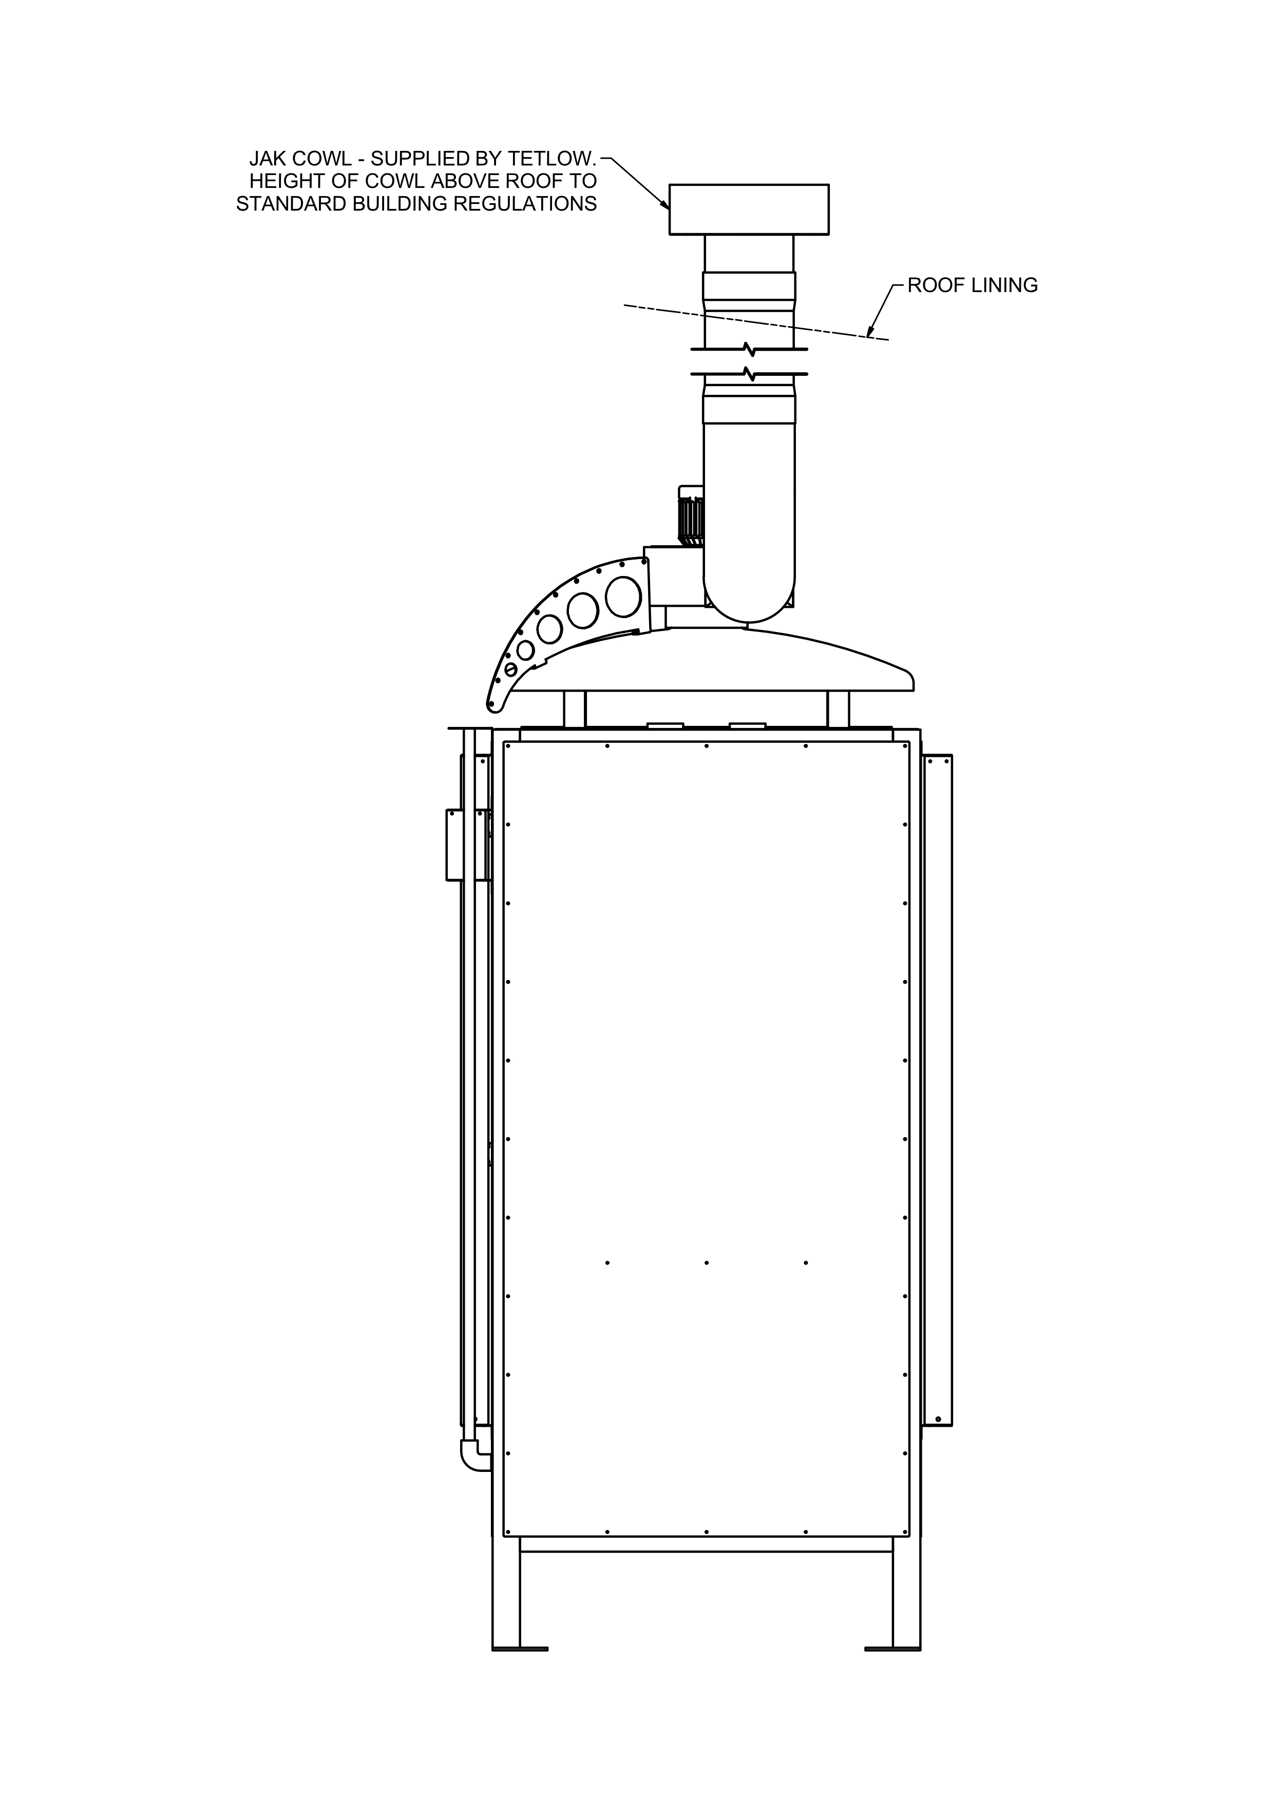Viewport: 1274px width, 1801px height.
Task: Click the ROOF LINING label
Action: tap(972, 285)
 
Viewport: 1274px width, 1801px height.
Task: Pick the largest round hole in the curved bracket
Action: tap(624, 596)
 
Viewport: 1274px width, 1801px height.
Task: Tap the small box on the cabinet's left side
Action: tap(455, 845)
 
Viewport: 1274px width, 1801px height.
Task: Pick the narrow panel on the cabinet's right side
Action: tap(938, 1090)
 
